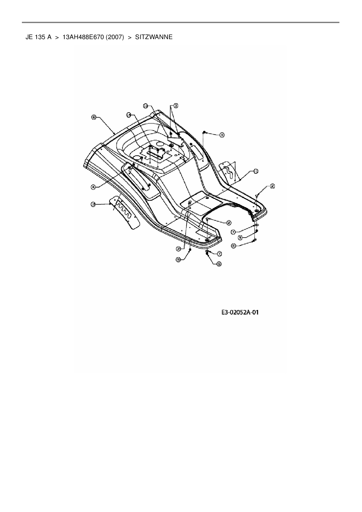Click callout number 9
(x=94, y=117)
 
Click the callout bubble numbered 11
(x=255, y=171)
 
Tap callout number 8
(x=234, y=246)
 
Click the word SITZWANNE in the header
(x=154, y=37)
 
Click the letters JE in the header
(x=29, y=37)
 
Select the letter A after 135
(x=49, y=37)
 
